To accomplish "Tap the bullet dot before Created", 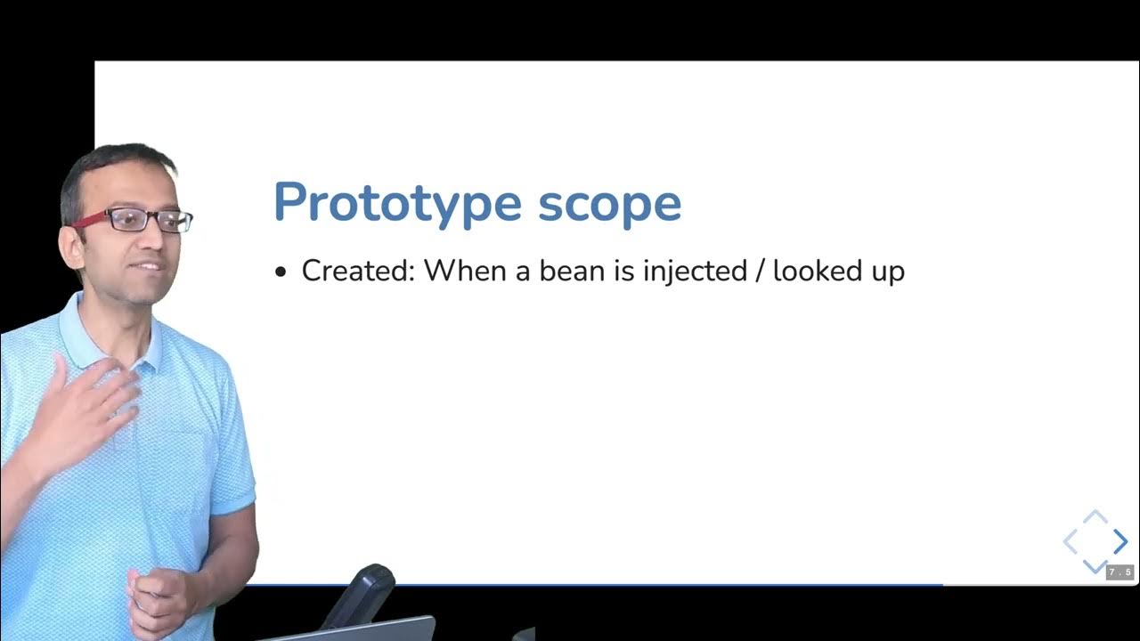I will coord(281,272).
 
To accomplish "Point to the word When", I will coord(464,270).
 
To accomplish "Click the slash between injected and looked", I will coord(760,270).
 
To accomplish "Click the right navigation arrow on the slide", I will coord(1120,541).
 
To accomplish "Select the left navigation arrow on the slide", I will coord(1070,541).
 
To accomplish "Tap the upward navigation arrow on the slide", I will coord(1095,516).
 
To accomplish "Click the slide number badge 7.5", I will coord(1120,572).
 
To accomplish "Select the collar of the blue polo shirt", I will coord(107,343).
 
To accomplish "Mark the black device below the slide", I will coord(361,596).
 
